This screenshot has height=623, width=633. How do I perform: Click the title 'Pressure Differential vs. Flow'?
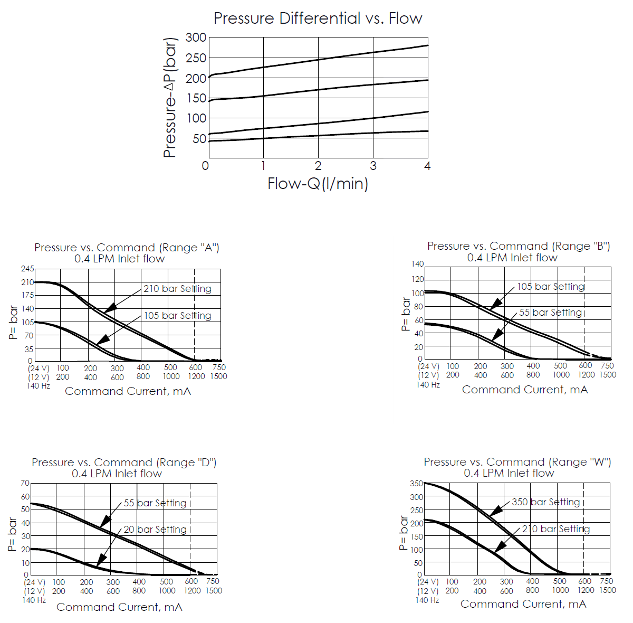[x=318, y=18]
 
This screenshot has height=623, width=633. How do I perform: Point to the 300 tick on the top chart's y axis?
[x=196, y=37]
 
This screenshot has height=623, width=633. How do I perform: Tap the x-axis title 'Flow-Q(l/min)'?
[x=318, y=184]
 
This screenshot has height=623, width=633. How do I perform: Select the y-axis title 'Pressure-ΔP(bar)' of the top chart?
[x=170, y=98]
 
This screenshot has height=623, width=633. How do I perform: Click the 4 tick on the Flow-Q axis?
[x=427, y=166]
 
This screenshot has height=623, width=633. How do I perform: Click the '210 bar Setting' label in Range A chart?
[x=177, y=289]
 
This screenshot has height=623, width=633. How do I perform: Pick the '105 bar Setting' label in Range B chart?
[x=551, y=287]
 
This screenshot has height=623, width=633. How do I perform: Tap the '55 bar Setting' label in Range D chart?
[x=155, y=503]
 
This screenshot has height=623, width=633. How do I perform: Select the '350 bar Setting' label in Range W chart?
[x=545, y=502]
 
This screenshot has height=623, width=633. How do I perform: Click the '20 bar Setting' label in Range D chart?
[x=155, y=530]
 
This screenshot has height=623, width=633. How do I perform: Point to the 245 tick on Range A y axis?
[x=27, y=269]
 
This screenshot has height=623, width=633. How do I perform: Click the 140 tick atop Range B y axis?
[x=417, y=264]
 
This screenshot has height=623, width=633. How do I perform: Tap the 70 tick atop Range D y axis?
[x=25, y=483]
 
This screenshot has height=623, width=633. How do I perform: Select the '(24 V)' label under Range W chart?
[x=428, y=582]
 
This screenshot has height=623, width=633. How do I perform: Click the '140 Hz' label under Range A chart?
[x=38, y=386]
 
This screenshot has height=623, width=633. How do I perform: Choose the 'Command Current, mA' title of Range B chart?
[x=525, y=390]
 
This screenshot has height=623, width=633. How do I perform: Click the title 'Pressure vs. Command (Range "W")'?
[x=517, y=462]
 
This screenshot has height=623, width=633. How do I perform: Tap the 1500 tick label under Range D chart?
[x=214, y=591]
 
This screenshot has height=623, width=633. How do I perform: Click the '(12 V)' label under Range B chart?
[x=428, y=375]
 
